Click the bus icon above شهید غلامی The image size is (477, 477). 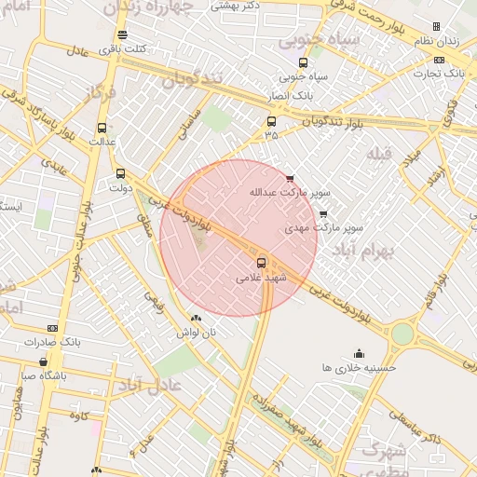click(261, 263)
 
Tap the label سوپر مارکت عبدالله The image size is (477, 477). click(289, 193)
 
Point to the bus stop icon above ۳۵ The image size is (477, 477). click(271, 121)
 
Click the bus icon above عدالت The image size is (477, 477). click(102, 128)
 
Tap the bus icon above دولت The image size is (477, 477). click(119, 173)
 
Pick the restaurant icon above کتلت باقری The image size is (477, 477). click(122, 35)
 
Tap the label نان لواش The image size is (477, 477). click(197, 332)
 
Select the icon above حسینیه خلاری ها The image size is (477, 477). click(360, 353)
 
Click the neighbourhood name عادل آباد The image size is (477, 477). click(156, 384)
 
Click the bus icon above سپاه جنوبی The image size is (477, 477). click(303, 63)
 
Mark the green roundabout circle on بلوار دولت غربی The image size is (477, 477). click(402, 334)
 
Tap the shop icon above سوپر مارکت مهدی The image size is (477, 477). click(323, 214)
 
